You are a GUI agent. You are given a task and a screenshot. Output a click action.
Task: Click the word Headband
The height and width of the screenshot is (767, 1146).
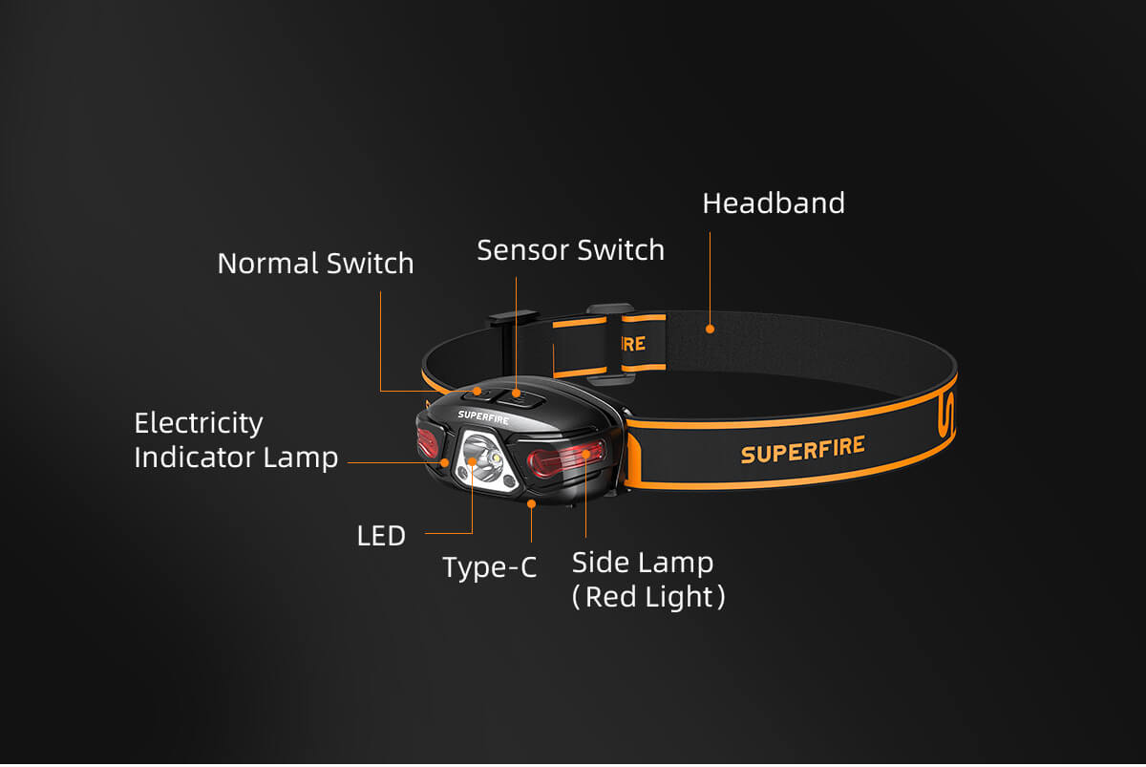(x=774, y=203)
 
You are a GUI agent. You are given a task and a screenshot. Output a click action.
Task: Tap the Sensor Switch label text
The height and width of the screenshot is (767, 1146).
(x=570, y=250)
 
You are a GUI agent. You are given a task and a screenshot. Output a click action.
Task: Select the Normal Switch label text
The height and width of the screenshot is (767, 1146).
(x=315, y=264)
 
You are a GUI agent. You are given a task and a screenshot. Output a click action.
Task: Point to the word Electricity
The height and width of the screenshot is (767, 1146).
(x=199, y=423)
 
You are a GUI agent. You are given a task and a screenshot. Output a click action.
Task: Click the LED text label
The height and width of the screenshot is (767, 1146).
(x=381, y=536)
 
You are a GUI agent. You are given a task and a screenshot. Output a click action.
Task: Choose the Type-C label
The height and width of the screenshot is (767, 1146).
(x=490, y=567)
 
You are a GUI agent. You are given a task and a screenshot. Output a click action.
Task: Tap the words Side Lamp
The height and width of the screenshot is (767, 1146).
(x=643, y=563)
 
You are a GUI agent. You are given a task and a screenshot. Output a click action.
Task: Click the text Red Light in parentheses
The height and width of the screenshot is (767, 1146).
(x=649, y=597)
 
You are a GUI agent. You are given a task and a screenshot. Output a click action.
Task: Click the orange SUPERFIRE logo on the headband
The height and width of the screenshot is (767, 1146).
(x=803, y=449)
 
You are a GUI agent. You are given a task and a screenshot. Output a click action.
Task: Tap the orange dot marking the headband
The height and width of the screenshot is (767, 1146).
(x=710, y=329)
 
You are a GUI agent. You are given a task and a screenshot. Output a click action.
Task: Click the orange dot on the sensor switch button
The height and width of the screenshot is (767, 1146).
(x=516, y=392)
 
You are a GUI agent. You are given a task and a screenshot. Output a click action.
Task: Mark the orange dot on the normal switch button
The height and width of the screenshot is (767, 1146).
(x=477, y=392)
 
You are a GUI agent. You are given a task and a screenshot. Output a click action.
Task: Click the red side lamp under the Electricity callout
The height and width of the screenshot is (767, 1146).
(x=427, y=444)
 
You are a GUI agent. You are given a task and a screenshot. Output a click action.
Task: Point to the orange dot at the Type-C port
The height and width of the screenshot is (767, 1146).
(x=531, y=501)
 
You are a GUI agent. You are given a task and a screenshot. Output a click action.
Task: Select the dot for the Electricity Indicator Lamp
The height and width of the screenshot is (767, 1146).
(x=445, y=462)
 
